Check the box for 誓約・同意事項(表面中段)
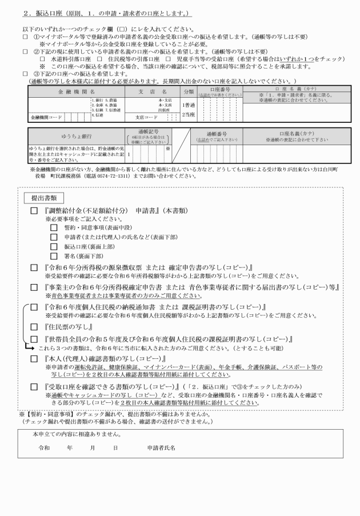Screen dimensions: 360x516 54,227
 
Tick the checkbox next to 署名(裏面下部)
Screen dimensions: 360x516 54,256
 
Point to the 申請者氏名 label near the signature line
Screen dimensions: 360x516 161,447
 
